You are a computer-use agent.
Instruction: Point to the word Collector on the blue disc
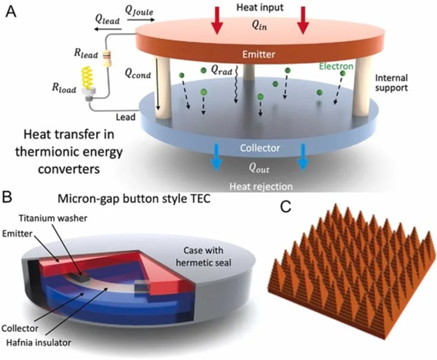[x=260, y=148]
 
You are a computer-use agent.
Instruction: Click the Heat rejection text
[x=261, y=186]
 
